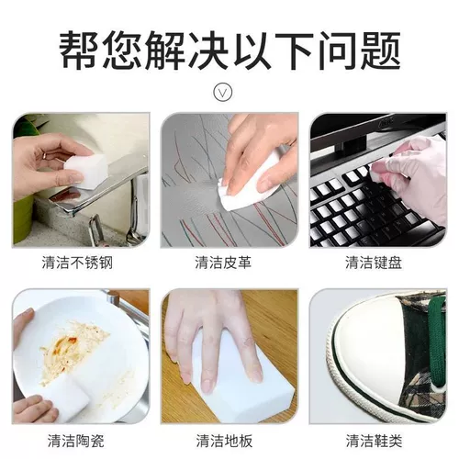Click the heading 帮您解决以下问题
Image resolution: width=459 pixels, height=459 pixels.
click(229, 50)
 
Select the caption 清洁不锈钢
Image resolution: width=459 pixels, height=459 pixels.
click(77, 263)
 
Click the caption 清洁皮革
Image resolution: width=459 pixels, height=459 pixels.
click(223, 263)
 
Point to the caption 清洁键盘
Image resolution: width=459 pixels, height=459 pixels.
click(374, 263)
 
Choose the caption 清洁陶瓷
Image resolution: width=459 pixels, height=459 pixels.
click(75, 441)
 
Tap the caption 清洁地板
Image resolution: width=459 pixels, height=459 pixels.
click(224, 441)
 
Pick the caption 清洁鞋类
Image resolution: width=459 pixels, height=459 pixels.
click(374, 441)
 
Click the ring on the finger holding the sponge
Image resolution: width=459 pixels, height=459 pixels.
click(45, 155)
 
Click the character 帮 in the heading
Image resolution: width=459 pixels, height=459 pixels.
click(79, 50)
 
